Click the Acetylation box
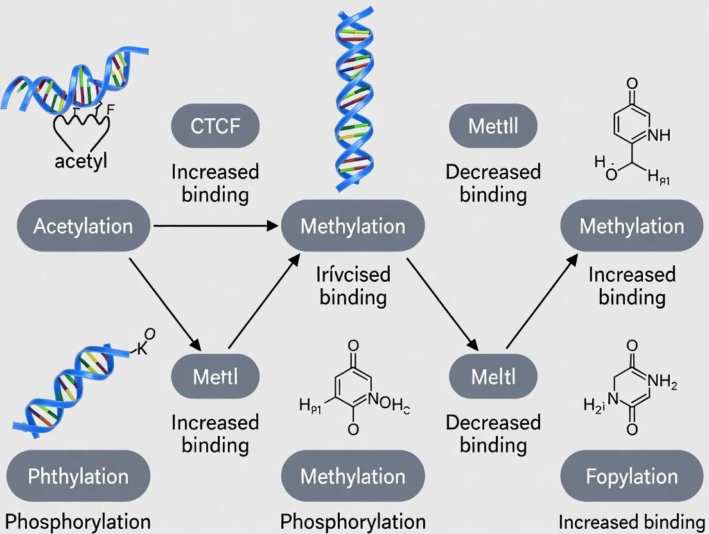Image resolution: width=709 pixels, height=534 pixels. (x=83, y=226)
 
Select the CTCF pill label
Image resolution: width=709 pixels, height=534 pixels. (x=215, y=126)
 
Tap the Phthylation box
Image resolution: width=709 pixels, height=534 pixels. (x=78, y=476)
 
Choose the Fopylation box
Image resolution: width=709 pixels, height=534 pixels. (x=632, y=476)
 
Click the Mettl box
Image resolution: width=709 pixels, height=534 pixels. (x=215, y=376)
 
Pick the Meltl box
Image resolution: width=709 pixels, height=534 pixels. (x=493, y=376)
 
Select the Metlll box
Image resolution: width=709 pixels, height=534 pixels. (x=493, y=126)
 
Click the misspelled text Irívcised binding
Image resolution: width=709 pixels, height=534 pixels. (x=353, y=286)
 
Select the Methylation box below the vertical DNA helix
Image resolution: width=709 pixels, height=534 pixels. (x=353, y=226)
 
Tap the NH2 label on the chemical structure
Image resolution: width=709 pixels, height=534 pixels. (x=661, y=383)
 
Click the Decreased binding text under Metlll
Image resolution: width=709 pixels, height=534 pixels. (x=493, y=183)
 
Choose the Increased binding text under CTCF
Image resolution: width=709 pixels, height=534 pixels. (x=215, y=183)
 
